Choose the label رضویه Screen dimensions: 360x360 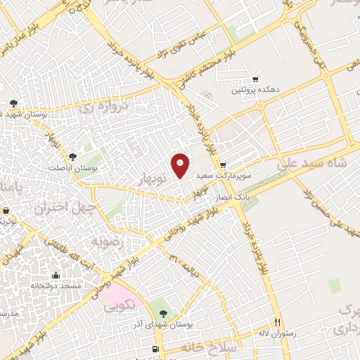108,240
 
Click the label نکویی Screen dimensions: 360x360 119,306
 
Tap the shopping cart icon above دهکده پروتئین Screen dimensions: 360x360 254,79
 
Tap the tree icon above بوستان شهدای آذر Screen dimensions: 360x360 163,314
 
